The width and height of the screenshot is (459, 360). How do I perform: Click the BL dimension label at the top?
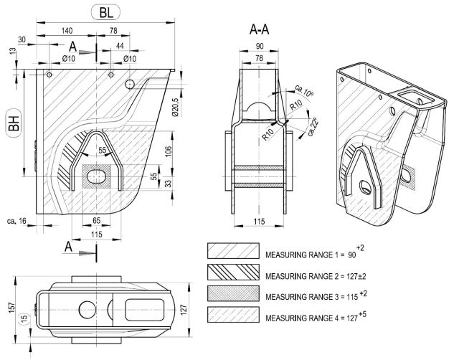pyautogui.click(x=106, y=13)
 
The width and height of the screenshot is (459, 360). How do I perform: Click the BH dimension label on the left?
pyautogui.click(x=13, y=121)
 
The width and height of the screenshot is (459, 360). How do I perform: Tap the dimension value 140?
pyautogui.click(x=68, y=31)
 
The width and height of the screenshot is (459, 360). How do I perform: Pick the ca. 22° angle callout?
pyautogui.click(x=311, y=131)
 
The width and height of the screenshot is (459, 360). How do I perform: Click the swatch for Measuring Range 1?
pyautogui.click(x=232, y=250)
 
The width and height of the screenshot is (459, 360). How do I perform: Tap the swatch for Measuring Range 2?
pyautogui.click(x=232, y=272)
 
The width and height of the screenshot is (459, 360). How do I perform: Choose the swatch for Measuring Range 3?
pyautogui.click(x=232, y=294)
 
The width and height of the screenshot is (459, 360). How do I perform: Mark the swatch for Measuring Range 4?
pyautogui.click(x=232, y=316)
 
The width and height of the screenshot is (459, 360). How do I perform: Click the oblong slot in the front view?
pyautogui.click(x=98, y=176)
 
